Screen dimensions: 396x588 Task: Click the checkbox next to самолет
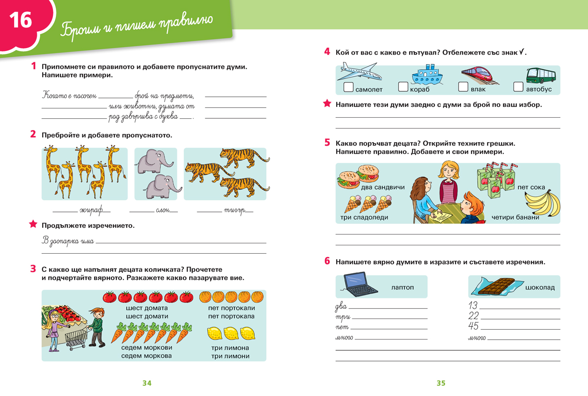[348, 87]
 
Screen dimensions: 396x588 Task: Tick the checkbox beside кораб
[403, 87]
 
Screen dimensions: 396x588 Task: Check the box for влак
[463, 87]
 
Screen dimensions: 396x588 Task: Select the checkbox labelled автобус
[518, 87]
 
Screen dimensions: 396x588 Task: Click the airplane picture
[359, 73]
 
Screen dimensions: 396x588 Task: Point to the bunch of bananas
[542, 202]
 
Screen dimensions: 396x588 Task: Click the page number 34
[147, 383]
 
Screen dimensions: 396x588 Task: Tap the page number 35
[441, 383]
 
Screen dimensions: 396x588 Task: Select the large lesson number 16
[21, 21]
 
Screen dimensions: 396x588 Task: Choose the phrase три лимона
[230, 348]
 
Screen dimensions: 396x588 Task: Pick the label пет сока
[531, 187]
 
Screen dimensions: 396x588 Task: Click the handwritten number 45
[473, 326]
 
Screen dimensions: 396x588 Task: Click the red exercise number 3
[33, 268]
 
